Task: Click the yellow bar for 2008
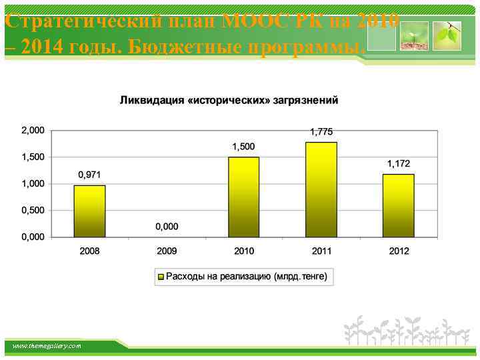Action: (89, 211)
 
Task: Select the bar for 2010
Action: (243, 197)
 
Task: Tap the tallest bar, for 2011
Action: (321, 189)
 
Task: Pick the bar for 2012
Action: (398, 205)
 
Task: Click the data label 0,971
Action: (89, 175)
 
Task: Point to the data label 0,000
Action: (167, 227)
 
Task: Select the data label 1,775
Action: (321, 131)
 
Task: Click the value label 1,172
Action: (399, 163)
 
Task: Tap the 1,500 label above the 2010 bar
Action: (243, 146)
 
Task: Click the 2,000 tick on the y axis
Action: (33, 130)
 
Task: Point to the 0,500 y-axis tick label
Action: (33, 210)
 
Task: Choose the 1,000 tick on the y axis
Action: (33, 183)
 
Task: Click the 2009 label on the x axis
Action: (167, 251)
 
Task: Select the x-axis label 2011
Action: (321, 251)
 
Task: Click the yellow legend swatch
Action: (161, 276)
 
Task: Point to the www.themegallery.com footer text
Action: (47, 346)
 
